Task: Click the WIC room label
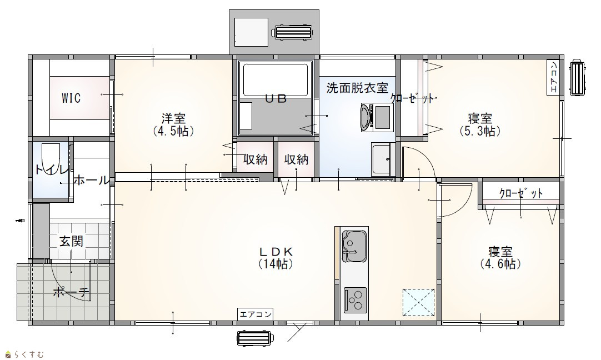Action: tap(71, 98)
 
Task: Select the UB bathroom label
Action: tap(276, 99)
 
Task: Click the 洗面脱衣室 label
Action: tap(357, 88)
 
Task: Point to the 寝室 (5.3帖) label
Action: tap(480, 124)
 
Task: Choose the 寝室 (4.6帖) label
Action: tap(500, 258)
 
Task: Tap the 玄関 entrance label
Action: tap(71, 241)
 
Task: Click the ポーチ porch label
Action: tap(72, 293)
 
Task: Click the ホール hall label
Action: tap(91, 180)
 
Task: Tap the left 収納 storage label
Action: tap(256, 159)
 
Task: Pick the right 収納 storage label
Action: tap(296, 159)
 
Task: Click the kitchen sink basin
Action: tap(354, 246)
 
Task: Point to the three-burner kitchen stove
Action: tap(355, 299)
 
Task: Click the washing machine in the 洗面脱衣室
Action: tap(377, 117)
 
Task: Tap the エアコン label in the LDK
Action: tap(256, 314)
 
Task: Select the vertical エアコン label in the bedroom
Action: tap(553, 77)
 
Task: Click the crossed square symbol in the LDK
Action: tap(418, 302)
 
